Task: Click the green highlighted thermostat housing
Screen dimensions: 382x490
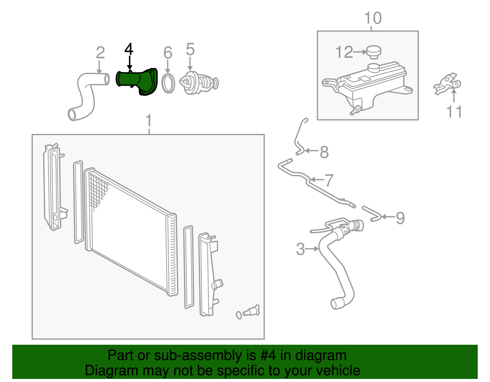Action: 138,81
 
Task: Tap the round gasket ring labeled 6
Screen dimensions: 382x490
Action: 168,83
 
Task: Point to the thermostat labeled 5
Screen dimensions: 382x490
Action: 198,83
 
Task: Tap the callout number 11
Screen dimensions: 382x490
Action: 454,112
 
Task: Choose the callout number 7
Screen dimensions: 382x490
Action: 329,180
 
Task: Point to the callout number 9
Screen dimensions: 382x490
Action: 400,218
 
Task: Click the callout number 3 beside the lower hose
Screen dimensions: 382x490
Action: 300,249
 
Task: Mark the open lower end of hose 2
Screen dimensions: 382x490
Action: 72,115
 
